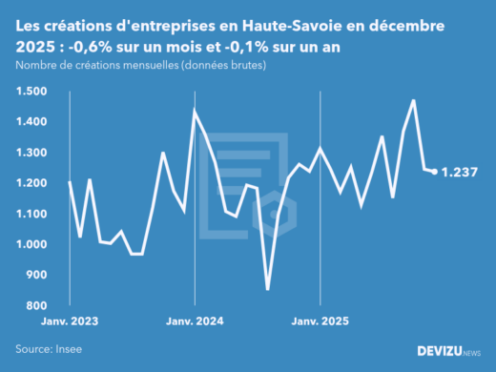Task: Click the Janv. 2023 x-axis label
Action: click(70, 322)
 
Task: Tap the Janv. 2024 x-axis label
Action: click(195, 322)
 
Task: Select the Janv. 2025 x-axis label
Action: click(320, 322)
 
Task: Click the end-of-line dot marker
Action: click(435, 172)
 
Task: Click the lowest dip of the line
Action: click(268, 289)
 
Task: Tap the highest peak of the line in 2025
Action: click(414, 100)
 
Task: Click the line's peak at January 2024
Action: click(195, 112)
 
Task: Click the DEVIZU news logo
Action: click(449, 350)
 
